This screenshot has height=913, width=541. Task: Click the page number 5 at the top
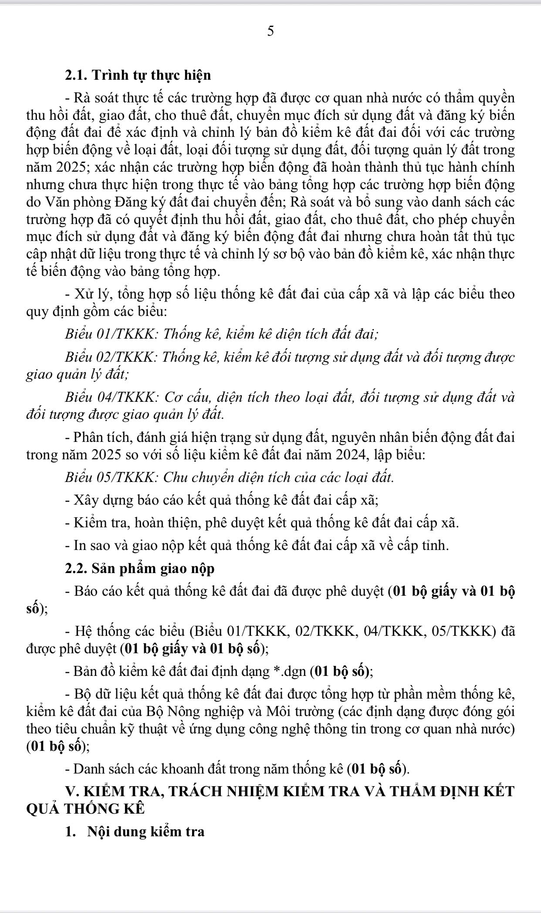pos(270,31)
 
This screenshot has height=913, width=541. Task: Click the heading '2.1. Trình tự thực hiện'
pos(138,75)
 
